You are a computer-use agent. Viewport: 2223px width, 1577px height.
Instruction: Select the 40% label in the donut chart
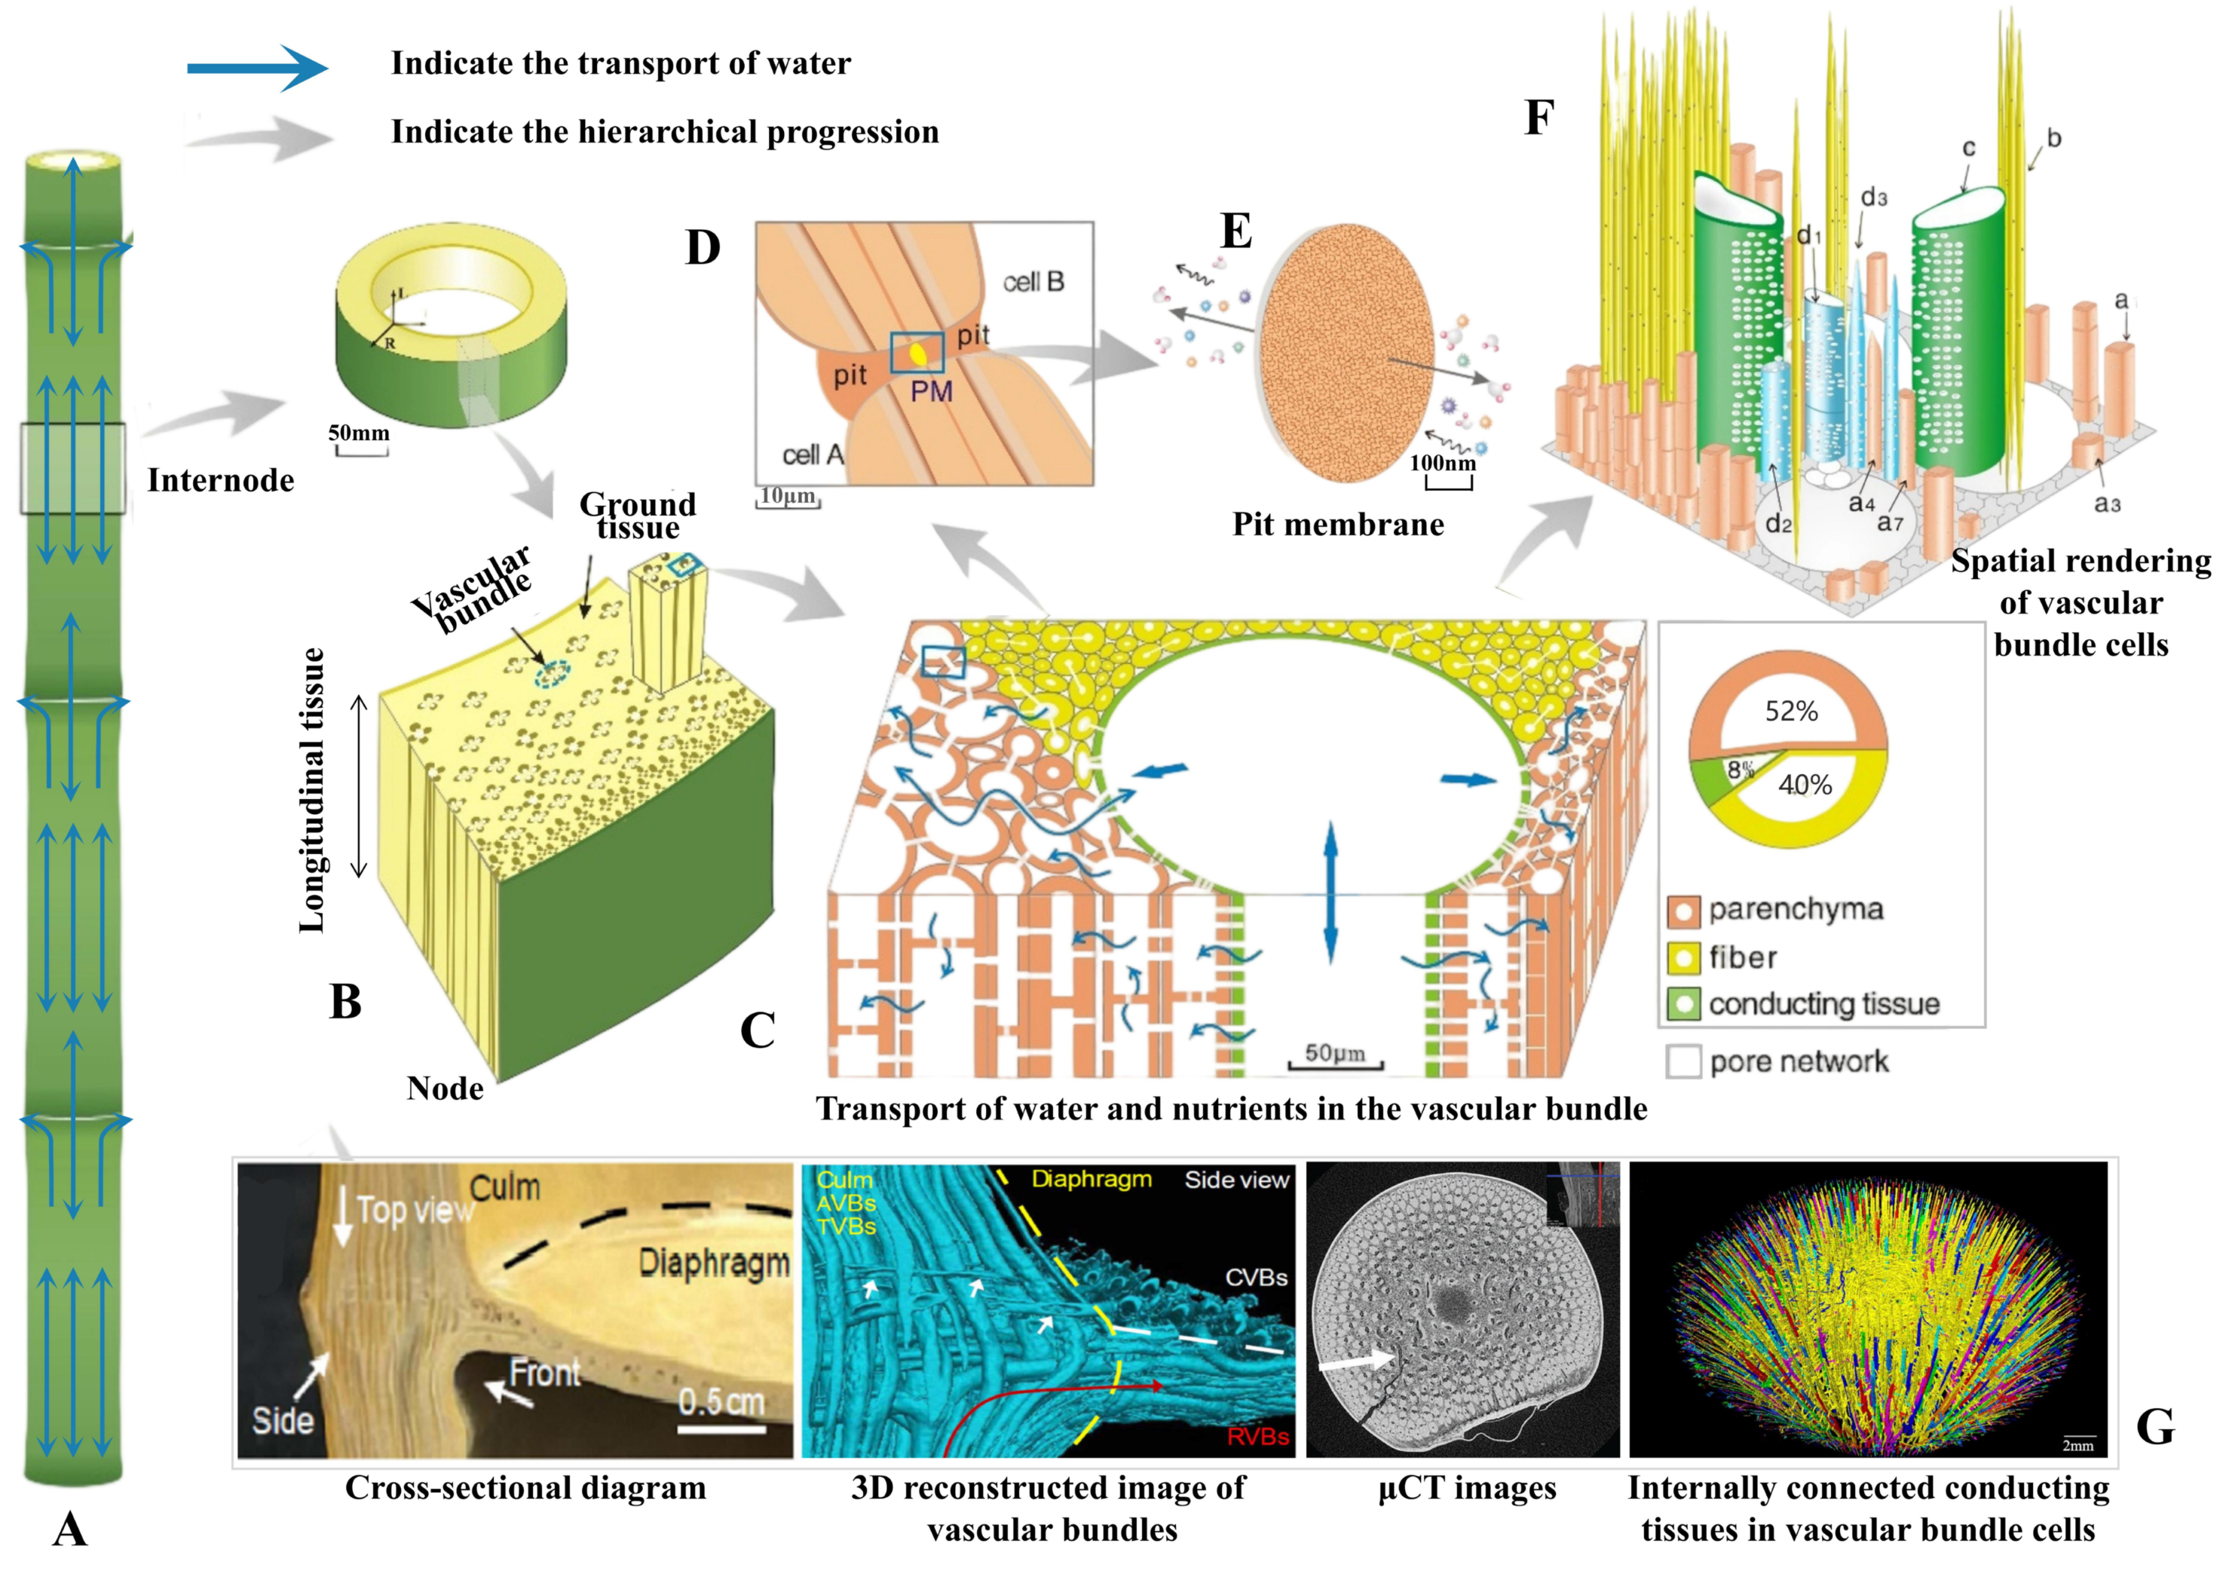click(x=1805, y=785)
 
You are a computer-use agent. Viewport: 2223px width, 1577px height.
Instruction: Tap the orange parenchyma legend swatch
click(x=1683, y=911)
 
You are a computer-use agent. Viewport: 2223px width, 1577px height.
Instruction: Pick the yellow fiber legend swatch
click(x=1683, y=957)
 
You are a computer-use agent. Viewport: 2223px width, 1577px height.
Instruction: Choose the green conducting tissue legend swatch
click(x=1683, y=1004)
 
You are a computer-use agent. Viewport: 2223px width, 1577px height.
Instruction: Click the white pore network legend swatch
click(x=1683, y=1061)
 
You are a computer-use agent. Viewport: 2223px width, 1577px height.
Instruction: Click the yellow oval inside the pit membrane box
click(x=917, y=354)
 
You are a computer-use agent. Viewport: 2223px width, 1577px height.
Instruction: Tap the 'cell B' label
click(x=1033, y=283)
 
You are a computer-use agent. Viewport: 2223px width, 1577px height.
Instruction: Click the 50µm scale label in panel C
click(x=1334, y=1054)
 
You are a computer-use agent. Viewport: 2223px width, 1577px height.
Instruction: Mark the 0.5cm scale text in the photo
click(x=721, y=1402)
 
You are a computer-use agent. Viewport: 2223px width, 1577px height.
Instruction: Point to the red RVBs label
click(x=1257, y=1436)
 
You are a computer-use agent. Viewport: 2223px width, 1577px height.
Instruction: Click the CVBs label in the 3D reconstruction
click(x=1256, y=1278)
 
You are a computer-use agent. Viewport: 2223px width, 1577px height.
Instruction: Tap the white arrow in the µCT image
click(x=1354, y=1364)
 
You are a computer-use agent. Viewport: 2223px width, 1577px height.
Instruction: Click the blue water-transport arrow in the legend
click(x=257, y=68)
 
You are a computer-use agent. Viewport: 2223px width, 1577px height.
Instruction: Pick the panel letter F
click(x=1539, y=118)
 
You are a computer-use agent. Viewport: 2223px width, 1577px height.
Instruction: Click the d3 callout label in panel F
click(x=1873, y=198)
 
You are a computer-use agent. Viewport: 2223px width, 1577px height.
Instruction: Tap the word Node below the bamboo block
click(x=445, y=1089)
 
